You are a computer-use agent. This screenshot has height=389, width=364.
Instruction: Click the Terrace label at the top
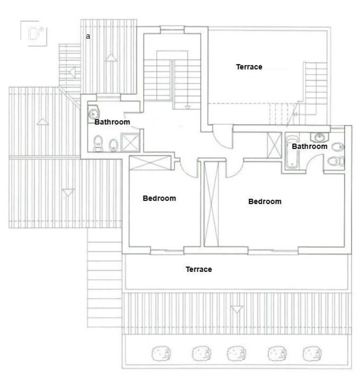point(249,67)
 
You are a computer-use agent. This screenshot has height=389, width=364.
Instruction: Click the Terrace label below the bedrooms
point(199,269)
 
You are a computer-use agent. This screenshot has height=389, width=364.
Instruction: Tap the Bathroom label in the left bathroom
point(112,122)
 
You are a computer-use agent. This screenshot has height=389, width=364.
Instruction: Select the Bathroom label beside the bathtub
point(309,146)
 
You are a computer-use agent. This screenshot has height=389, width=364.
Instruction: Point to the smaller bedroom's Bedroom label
point(159,198)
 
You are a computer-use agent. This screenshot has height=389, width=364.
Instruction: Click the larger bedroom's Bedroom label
point(265,202)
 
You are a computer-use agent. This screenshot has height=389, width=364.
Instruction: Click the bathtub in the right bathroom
point(292,152)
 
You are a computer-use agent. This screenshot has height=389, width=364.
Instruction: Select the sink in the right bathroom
point(320,137)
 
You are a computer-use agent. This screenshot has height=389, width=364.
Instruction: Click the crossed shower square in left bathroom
point(130,143)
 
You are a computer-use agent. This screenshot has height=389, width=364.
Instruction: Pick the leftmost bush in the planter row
point(161,353)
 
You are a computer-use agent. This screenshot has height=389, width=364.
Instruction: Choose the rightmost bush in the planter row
point(312,353)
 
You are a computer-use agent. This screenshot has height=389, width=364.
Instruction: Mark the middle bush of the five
point(237,353)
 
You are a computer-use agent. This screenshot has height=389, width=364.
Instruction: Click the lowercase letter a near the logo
point(88,36)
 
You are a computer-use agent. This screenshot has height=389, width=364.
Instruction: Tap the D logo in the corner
point(34,34)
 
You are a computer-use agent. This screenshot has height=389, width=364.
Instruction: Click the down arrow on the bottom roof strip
point(237,309)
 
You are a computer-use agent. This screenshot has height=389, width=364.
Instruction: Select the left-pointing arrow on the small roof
point(72,72)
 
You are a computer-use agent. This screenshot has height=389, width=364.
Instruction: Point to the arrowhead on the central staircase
point(188,107)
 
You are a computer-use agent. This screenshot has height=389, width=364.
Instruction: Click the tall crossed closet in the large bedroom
point(211,204)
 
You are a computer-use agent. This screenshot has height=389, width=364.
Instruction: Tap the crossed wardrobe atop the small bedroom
point(150,163)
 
